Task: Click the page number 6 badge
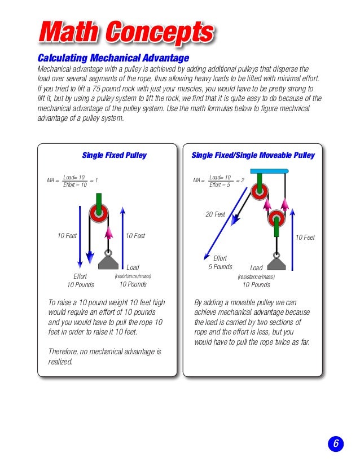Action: [x=335, y=444]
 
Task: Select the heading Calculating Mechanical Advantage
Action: [x=113, y=58]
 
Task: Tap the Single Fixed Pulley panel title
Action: [x=114, y=155]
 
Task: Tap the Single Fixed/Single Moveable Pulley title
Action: [x=253, y=155]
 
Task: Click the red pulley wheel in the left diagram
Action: [x=99, y=213]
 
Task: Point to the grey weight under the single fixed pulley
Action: [x=111, y=261]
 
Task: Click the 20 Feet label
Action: [x=215, y=214]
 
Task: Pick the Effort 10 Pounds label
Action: [x=81, y=280]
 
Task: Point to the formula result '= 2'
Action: [x=240, y=181]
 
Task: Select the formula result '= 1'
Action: [x=94, y=181]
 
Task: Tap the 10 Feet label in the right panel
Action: [x=305, y=238]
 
